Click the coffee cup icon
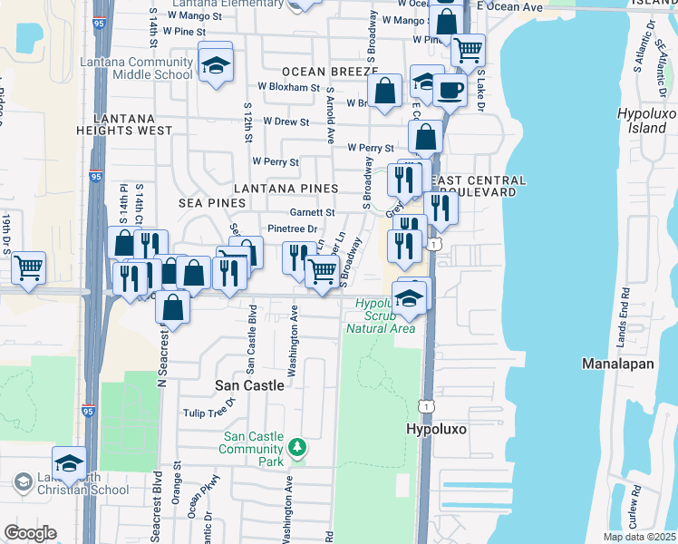point(450,91)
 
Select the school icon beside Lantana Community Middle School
point(216,65)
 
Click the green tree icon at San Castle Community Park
point(295,447)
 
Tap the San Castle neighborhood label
point(249,385)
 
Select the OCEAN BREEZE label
point(329,71)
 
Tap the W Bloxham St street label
point(289,88)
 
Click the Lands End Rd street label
point(626,313)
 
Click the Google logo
point(30,532)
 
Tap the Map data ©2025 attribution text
point(638,537)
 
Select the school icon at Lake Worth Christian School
point(69,464)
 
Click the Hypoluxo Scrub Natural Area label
point(381,316)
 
